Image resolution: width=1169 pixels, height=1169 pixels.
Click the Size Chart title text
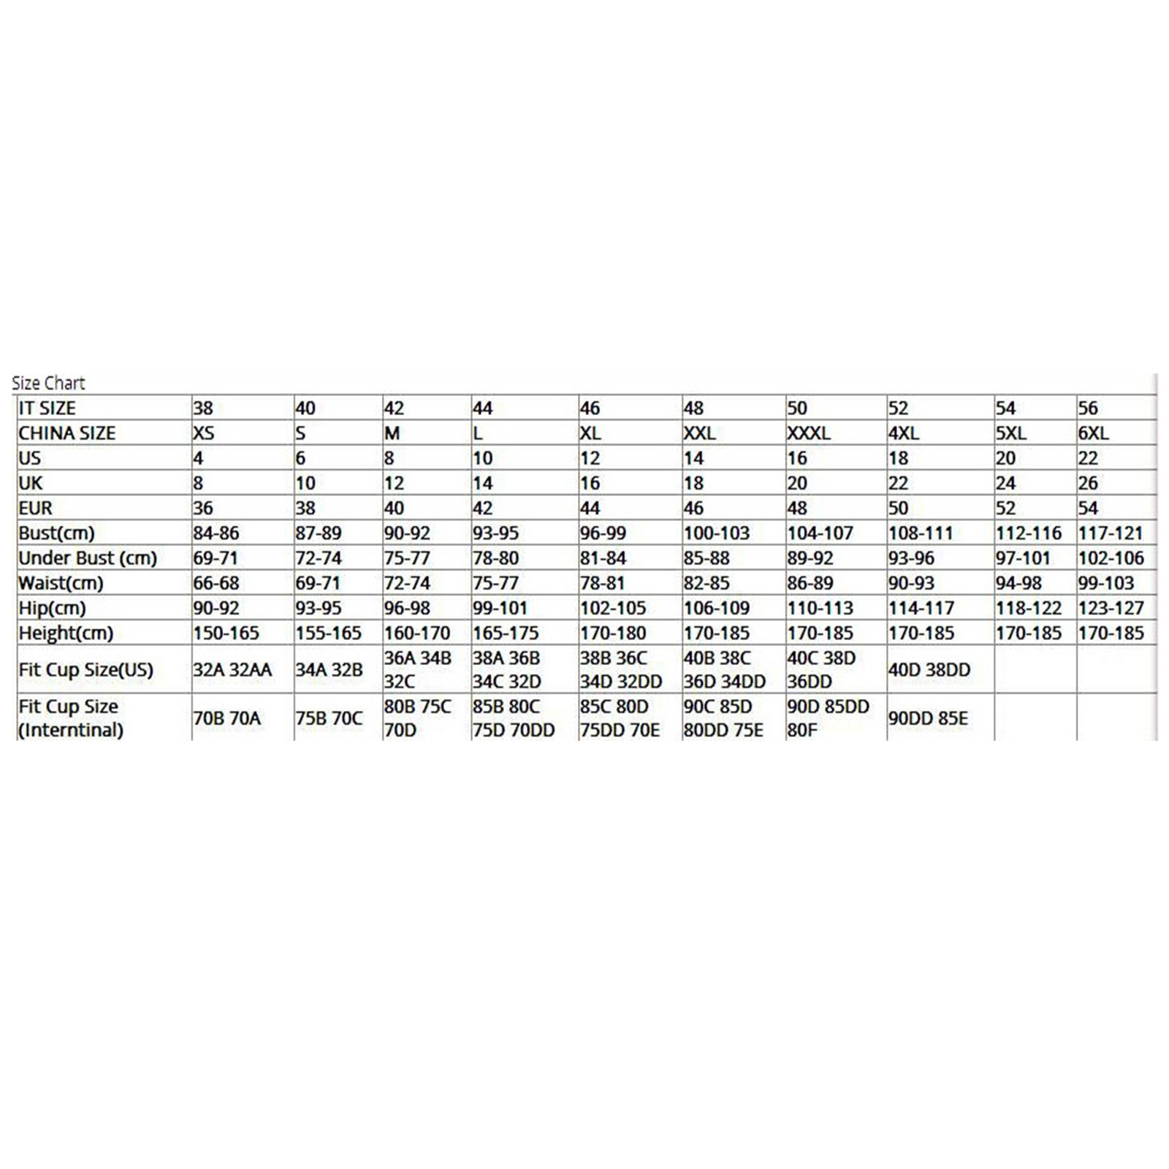coord(48,383)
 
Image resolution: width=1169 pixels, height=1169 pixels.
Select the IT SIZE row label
coord(47,408)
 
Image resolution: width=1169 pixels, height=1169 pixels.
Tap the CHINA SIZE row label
coord(66,433)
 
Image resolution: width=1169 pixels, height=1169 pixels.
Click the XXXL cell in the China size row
coord(809,433)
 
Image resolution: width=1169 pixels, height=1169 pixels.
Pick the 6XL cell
coord(1093,433)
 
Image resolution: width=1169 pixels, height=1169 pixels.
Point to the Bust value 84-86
coord(216,533)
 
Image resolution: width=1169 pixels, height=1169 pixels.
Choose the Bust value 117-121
coord(1111,533)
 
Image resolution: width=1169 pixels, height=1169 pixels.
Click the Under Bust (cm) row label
coord(88,558)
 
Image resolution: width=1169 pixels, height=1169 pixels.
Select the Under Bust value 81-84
coord(603,558)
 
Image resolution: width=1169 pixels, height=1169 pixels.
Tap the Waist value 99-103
coord(1106,583)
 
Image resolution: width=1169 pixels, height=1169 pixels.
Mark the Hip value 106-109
coord(717,608)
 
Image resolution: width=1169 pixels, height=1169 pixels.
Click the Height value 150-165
coord(226,633)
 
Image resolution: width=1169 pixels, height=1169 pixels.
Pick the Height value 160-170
coord(417,633)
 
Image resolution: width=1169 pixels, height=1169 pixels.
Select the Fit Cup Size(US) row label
coord(85,670)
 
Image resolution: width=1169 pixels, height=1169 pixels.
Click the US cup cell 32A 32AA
coord(232,670)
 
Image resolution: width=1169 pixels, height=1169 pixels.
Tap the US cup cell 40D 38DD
coord(929,670)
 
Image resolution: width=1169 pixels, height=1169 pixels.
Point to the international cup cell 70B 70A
coord(226,719)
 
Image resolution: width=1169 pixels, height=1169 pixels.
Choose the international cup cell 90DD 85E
coord(928,719)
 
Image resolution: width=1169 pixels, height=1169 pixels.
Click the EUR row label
coord(35,509)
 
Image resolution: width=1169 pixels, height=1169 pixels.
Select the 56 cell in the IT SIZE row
coord(1088,408)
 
